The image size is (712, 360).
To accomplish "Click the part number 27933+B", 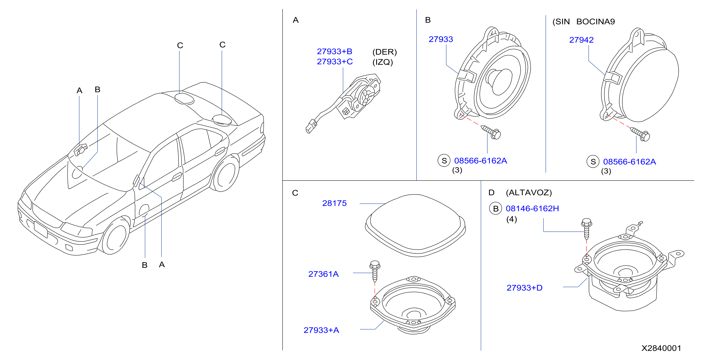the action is (334, 51).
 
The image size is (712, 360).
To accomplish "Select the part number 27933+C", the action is (335, 62).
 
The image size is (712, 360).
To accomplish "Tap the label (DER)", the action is (384, 52).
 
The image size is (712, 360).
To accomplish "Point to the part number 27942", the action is (581, 40).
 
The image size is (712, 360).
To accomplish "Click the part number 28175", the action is (334, 203).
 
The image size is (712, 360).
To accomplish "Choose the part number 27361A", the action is (324, 274).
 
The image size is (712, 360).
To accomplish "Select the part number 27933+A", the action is (321, 330).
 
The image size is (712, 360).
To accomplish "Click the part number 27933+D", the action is (524, 288).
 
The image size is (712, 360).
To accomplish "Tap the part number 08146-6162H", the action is (532, 208).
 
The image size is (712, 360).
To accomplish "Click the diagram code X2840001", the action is (661, 348).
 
